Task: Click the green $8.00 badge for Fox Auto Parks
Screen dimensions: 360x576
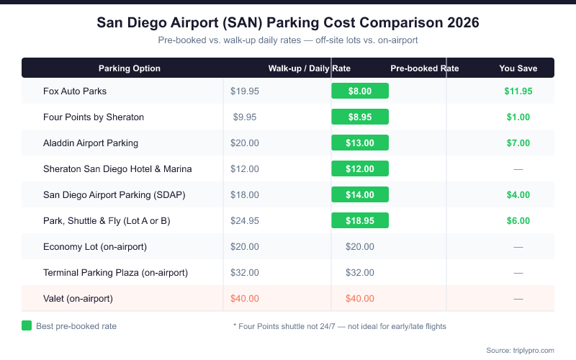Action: pyautogui.click(x=360, y=91)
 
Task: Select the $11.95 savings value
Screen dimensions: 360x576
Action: pyautogui.click(x=518, y=91)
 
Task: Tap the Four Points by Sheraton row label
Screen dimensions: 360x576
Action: pyautogui.click(x=94, y=117)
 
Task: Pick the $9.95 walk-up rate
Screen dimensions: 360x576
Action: pyautogui.click(x=245, y=117)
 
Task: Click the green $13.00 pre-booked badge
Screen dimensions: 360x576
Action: pyautogui.click(x=360, y=143)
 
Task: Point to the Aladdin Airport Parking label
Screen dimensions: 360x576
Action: pyautogui.click(x=91, y=143)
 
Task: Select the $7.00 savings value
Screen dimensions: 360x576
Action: pyautogui.click(x=518, y=143)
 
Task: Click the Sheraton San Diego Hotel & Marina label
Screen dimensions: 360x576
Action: pyautogui.click(x=117, y=169)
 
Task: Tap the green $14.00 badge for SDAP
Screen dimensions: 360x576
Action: pyautogui.click(x=360, y=195)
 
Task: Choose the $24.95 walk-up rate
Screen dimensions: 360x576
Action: pyautogui.click(x=245, y=221)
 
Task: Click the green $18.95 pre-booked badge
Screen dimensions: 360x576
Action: pyautogui.click(x=360, y=221)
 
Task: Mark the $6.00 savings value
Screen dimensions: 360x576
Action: pyautogui.click(x=518, y=221)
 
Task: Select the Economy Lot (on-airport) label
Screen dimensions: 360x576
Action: pyautogui.click(x=95, y=247)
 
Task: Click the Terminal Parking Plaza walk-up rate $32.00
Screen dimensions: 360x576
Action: pyautogui.click(x=245, y=273)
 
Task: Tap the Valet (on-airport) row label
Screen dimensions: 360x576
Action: pyautogui.click(x=78, y=299)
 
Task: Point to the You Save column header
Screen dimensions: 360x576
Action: pyautogui.click(x=518, y=68)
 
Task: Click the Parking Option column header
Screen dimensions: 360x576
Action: pyautogui.click(x=130, y=68)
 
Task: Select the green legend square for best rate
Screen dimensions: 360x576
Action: pyautogui.click(x=27, y=325)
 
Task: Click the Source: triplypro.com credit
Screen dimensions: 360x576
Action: pyautogui.click(x=520, y=350)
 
